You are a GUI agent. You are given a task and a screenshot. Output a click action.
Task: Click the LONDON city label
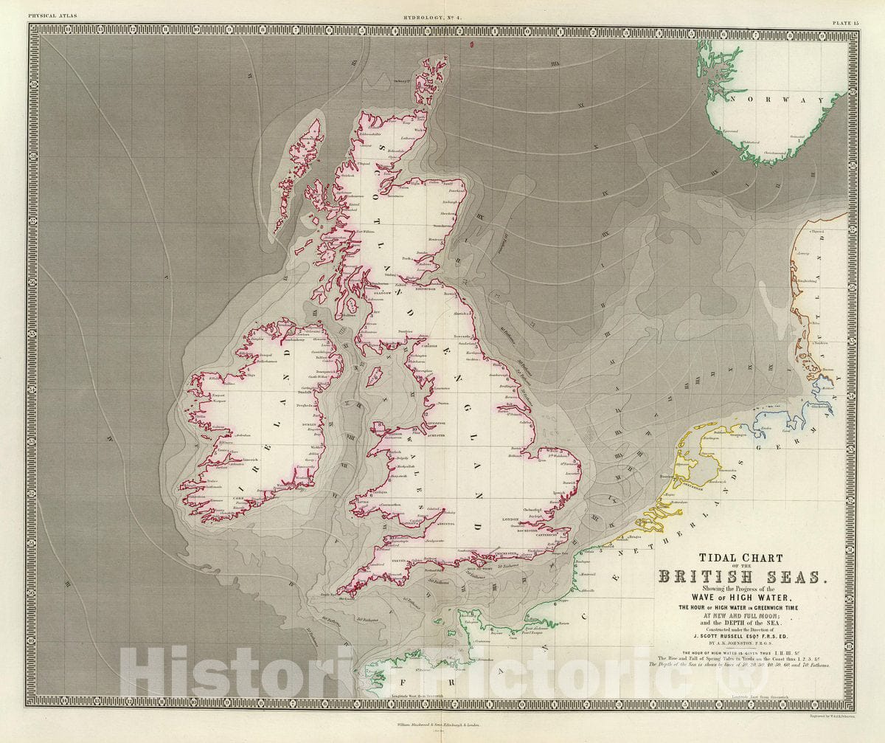[x=512, y=519]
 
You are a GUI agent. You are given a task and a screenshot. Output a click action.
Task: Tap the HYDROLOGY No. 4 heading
[x=442, y=5]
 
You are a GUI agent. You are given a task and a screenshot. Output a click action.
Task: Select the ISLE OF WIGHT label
[x=481, y=570]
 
